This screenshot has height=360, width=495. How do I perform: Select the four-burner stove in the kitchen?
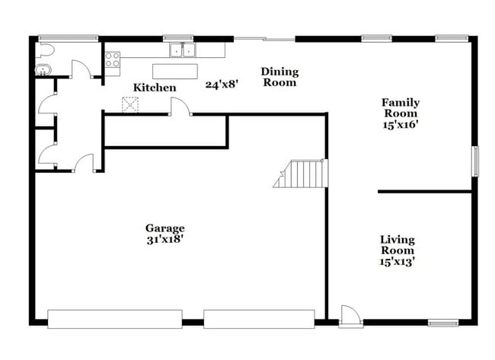112,59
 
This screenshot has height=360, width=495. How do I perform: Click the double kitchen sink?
182,51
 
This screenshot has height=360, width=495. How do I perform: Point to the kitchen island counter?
174,71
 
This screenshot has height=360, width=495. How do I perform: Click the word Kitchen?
155,88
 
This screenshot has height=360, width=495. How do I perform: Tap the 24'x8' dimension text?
222,84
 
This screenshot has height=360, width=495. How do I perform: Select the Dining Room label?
279,77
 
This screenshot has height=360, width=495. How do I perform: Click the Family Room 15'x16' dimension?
401,124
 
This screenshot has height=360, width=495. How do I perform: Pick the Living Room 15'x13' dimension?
398,261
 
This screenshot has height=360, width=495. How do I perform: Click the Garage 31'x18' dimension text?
164,238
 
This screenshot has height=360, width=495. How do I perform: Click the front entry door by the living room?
350,315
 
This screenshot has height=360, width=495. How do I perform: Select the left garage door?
115,319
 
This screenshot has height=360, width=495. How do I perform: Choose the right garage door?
259,319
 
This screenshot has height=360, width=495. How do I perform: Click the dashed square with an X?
129,104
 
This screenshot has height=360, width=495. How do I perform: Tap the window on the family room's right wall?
475,161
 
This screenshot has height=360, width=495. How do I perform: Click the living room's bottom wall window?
443,323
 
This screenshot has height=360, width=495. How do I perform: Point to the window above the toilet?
68,37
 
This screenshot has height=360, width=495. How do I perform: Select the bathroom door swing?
81,69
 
